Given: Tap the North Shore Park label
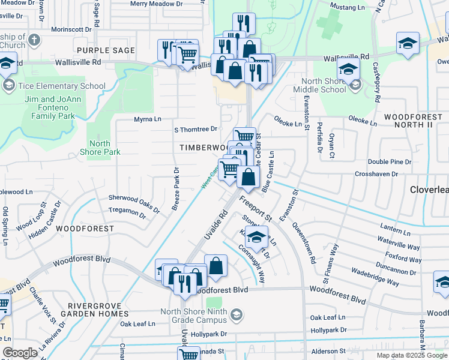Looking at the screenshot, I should click(x=100, y=148).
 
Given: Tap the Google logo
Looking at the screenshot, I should click(x=20, y=352).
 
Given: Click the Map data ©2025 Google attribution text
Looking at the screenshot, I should click(x=411, y=355).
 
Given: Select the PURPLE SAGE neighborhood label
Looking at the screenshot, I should click(x=106, y=50).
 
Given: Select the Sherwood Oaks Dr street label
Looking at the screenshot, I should click(x=134, y=203).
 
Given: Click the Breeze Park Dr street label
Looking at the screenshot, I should click(x=175, y=188).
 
